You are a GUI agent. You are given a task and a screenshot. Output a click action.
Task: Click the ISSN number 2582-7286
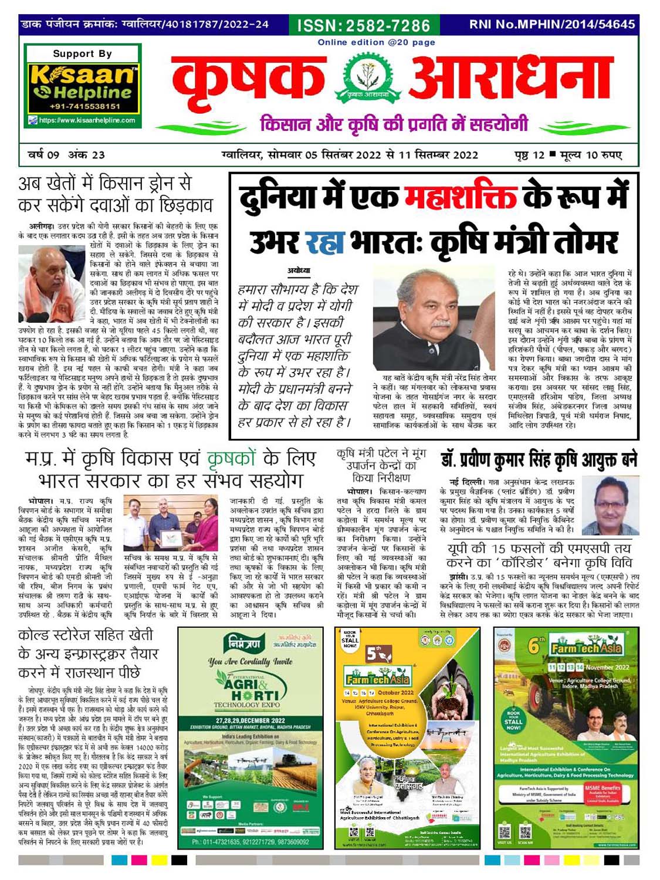point(364,25)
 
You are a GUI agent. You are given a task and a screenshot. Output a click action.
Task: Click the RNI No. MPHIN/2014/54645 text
point(551,25)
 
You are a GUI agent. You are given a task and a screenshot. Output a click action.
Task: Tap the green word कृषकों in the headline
point(232,458)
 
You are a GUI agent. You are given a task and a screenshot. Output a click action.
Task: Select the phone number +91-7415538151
point(85,106)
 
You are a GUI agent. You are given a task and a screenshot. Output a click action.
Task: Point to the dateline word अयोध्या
point(299,271)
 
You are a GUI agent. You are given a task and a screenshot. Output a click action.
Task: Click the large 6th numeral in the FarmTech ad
point(534,646)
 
